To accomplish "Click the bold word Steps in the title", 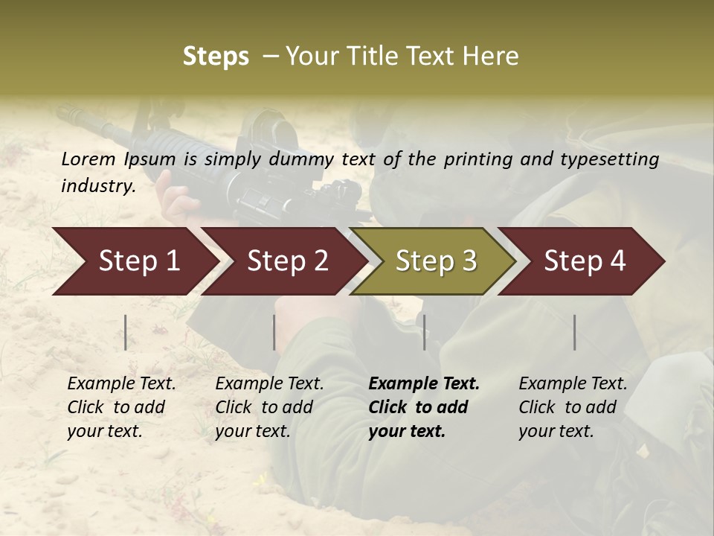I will click(x=216, y=57).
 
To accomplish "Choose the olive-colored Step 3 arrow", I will click(x=436, y=261).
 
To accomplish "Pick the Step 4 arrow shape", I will click(x=585, y=261).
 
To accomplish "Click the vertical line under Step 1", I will click(x=126, y=332).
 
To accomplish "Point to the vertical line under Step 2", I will click(x=274, y=332).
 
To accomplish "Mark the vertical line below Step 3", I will click(x=424, y=332).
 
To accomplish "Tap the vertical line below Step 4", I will click(x=575, y=332).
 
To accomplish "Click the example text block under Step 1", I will click(x=120, y=407).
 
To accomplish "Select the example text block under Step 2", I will click(x=268, y=407).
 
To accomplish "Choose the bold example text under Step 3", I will click(x=423, y=407).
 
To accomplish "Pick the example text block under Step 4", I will click(x=572, y=407).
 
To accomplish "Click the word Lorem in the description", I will click(x=89, y=159).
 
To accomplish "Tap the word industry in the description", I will click(x=97, y=185).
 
